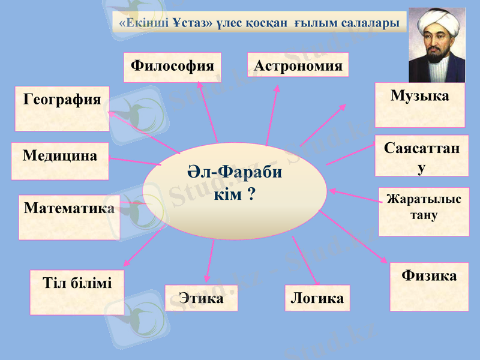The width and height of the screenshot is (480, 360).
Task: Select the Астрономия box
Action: coord(298,65)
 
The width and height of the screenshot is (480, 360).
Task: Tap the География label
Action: coord(62,99)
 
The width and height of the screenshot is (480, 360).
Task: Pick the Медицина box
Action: coord(60,156)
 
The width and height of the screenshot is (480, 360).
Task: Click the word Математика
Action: coord(69,208)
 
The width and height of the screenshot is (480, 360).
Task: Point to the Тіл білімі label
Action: coord(77,283)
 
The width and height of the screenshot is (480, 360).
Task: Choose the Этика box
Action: coord(201,298)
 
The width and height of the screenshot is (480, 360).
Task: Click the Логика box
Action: coord(317,298)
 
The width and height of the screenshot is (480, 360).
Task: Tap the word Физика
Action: coord(429,275)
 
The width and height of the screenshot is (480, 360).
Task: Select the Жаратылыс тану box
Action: coord(424,207)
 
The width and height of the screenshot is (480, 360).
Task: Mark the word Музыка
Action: coord(419,95)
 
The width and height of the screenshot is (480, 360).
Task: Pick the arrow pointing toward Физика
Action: coord(354,236)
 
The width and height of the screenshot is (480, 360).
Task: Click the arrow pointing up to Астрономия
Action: coord(272,114)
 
